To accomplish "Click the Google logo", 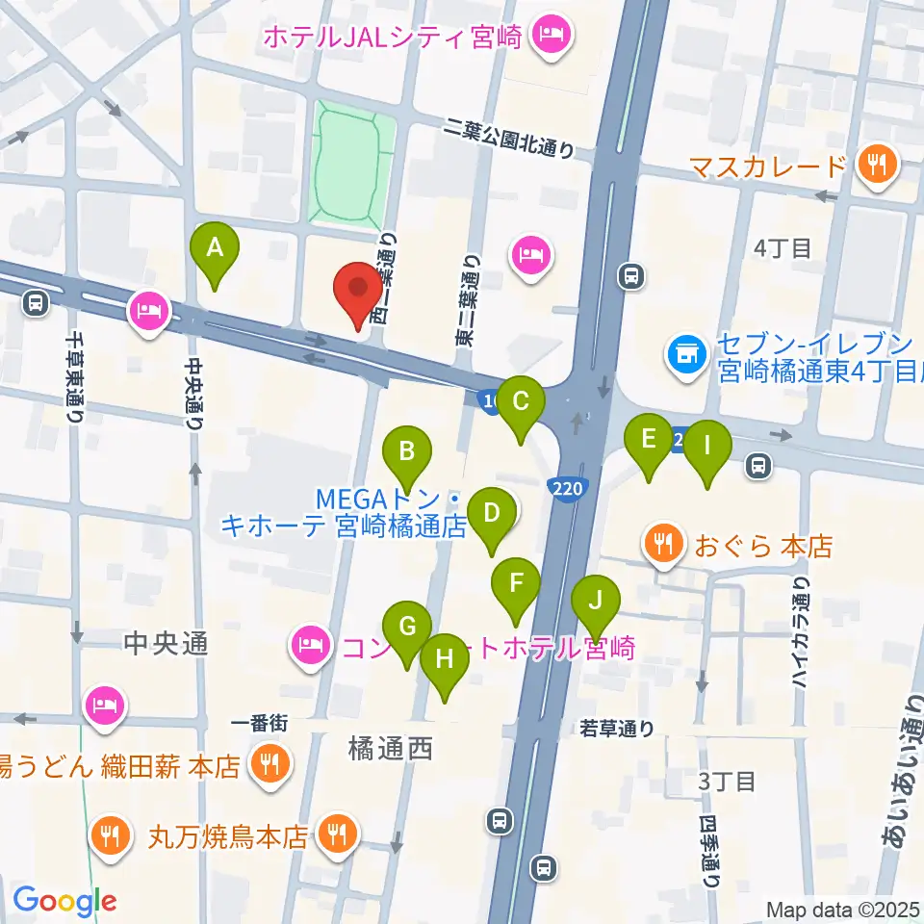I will click(x=64, y=901).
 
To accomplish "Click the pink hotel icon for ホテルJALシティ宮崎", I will click(x=552, y=39).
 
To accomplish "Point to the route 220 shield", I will click(x=568, y=489).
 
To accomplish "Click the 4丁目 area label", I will click(x=783, y=247).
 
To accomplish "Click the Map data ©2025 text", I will click(x=842, y=908).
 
